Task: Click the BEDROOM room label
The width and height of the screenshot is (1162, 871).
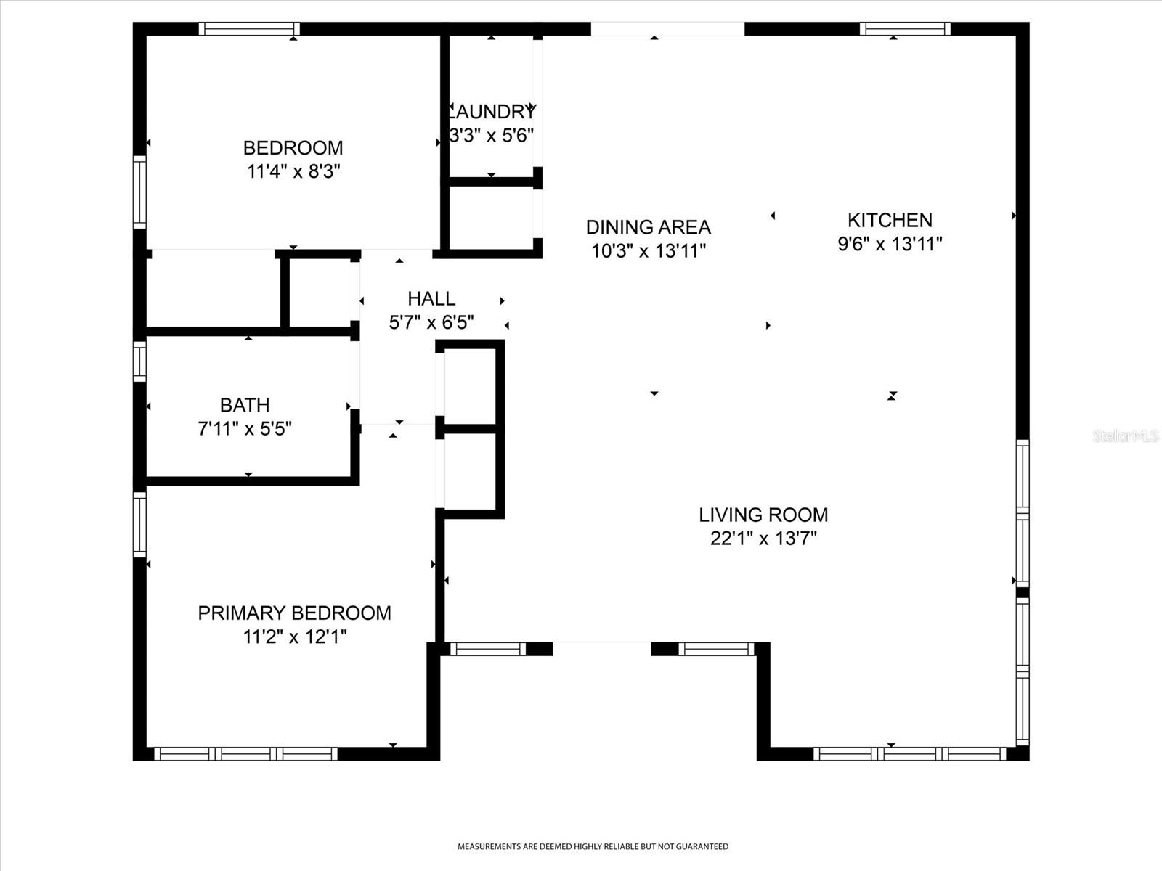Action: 293,148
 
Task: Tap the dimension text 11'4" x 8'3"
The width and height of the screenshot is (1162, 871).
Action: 293,172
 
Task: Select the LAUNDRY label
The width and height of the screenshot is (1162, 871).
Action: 492,112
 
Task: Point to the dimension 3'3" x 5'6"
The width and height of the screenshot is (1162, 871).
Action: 491,136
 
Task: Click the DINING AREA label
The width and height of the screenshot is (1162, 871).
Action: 648,227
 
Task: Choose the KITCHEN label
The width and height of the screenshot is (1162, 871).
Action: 890,220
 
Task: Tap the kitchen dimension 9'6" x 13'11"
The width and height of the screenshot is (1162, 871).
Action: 890,245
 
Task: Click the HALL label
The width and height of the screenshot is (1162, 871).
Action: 431,299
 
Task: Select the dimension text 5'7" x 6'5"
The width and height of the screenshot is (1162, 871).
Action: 431,322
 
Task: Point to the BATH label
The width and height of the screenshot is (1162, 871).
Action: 245,405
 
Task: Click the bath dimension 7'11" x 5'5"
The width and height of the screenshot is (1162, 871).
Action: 245,429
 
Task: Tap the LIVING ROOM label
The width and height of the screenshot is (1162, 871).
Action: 763,515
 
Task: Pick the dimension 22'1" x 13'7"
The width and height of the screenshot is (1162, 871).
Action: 763,539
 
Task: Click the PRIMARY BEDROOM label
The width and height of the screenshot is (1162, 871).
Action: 294,613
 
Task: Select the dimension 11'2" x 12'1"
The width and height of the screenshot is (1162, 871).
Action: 295,637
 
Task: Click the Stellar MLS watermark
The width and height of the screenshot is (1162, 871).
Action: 1126,436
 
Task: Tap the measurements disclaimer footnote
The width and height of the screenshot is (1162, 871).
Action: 593,846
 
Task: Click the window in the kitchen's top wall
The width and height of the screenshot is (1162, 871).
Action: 905,28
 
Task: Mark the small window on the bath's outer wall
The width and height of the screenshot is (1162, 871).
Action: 139,361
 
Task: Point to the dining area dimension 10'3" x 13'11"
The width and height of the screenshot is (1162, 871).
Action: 649,251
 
